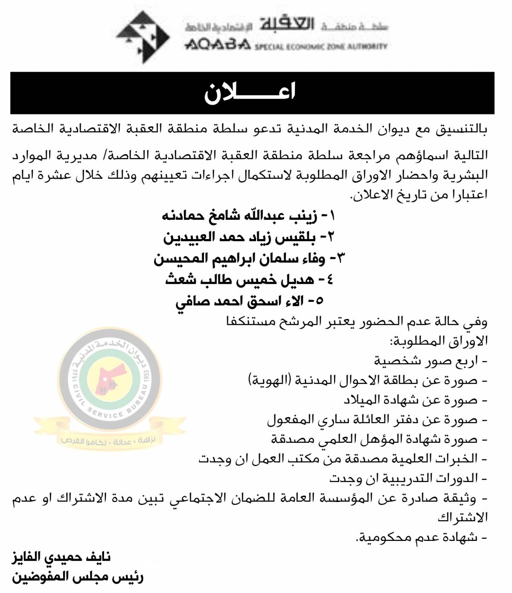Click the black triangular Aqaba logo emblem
coord(143,37)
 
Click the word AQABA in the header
coord(217,45)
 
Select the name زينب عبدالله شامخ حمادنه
coord(249,216)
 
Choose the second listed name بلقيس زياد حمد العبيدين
coord(250,237)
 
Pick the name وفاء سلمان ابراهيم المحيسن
coord(249,258)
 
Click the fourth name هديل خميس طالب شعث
coord(249,280)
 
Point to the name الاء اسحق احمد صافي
coord(250,301)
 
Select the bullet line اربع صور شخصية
coord(431,361)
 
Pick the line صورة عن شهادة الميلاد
coord(416,400)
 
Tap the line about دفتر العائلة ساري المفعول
coord(378,420)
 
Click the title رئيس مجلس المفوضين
coord(77,578)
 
